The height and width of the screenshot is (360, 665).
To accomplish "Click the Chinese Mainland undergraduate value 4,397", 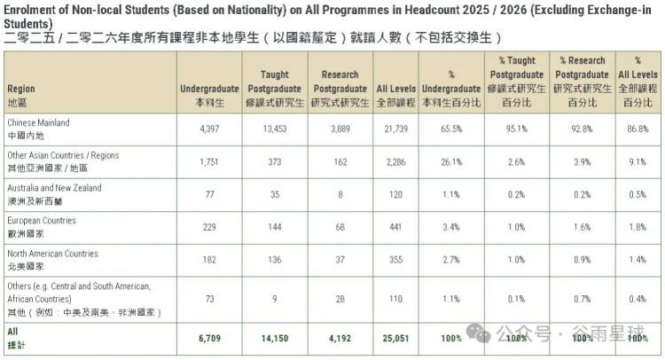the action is click(209, 129).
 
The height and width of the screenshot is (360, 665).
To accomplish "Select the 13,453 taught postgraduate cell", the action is click(275, 129).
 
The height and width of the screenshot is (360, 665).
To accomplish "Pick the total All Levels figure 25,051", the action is click(395, 339).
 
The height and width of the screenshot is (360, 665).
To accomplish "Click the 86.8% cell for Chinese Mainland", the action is click(638, 129).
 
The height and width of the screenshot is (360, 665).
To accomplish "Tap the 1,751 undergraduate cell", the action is click(209, 162).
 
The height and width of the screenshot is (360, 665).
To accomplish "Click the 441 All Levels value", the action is click(395, 227).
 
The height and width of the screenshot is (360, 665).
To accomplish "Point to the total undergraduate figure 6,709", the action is click(209, 339).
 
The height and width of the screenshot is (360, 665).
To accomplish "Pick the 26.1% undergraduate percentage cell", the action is click(451, 162).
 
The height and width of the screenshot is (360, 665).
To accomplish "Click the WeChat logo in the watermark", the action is click(478, 333).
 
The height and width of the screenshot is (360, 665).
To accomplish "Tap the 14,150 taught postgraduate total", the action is click(275, 339).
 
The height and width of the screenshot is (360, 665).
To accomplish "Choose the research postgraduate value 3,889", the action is click(340, 129).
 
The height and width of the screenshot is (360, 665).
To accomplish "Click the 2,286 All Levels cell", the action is click(395, 162).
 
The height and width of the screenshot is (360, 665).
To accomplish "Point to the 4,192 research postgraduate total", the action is click(340, 339).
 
